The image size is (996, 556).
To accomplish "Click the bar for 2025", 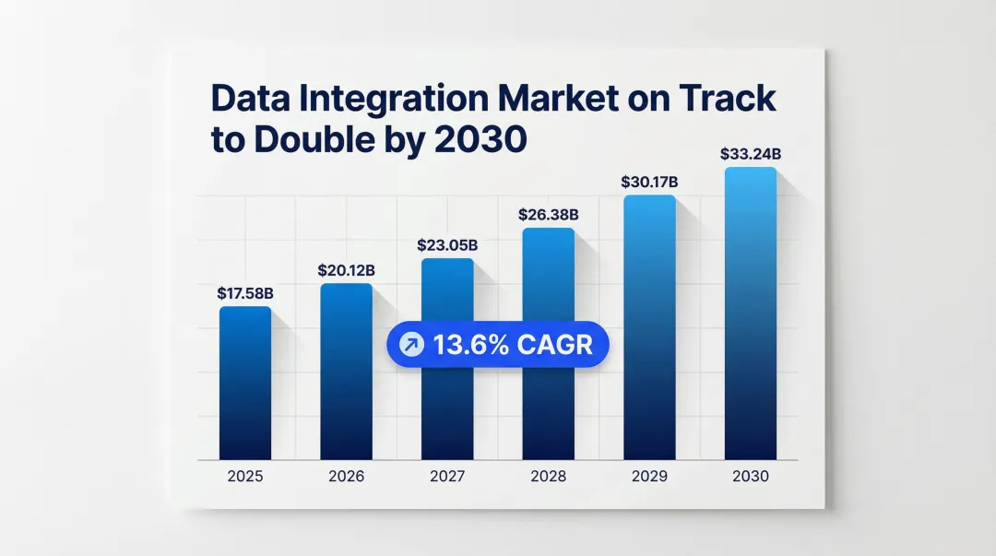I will (x=245, y=383).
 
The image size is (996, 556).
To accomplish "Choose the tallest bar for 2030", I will (x=751, y=313).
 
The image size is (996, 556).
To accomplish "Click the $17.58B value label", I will (x=245, y=293).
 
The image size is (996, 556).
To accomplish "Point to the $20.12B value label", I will (x=347, y=270).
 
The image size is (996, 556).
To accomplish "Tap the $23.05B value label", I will (x=448, y=245).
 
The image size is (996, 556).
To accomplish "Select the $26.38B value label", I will (x=549, y=215).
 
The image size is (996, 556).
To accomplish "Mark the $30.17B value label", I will (x=649, y=183).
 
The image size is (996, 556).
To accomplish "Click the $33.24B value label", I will (x=751, y=154).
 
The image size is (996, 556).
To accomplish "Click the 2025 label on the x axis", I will (x=245, y=477).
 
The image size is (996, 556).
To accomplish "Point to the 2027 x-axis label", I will (x=448, y=477).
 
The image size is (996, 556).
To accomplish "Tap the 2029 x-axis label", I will (x=649, y=477).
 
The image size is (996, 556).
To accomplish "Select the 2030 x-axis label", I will (x=751, y=477).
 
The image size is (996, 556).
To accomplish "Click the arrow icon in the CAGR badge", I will (x=408, y=346).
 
